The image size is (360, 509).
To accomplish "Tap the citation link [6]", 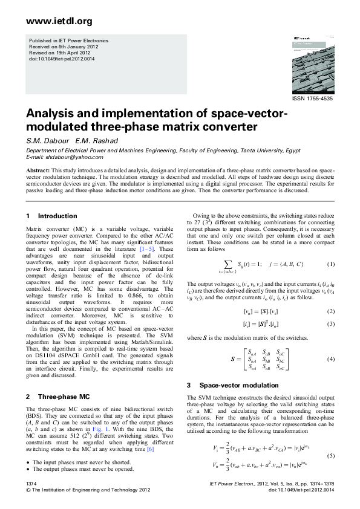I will [151, 449].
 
